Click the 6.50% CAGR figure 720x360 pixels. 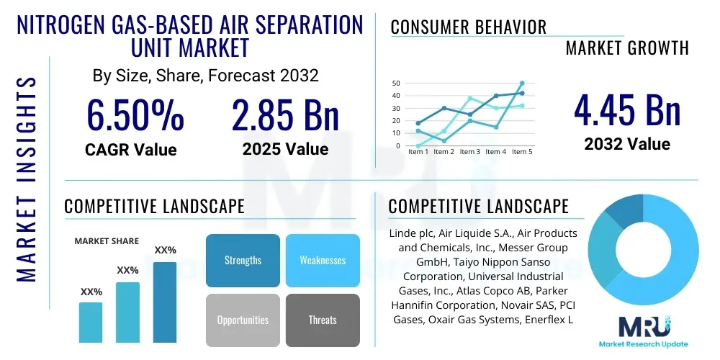tap(135, 115)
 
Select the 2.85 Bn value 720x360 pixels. tap(285, 115)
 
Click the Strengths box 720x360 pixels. tap(243, 260)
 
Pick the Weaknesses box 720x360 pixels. tap(323, 260)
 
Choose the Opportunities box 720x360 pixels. tap(243, 320)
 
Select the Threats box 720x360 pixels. tap(323, 320)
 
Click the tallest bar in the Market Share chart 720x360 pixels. tap(165, 302)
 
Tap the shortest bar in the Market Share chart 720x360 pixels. tap(91, 322)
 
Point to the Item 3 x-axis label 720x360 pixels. tap(470, 152)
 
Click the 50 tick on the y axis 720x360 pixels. tap(396, 84)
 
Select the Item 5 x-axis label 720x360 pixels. tap(522, 152)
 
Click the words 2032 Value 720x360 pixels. tap(627, 144)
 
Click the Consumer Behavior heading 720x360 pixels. tap(469, 27)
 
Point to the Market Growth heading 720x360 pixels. tap(627, 48)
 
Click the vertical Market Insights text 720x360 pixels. tap(27, 180)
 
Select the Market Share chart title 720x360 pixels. tap(107, 240)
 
